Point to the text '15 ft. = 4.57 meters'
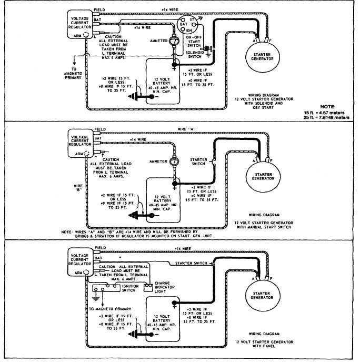(326, 113)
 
